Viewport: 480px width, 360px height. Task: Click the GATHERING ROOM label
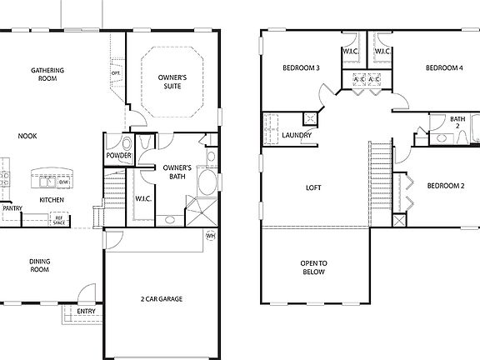[48, 74]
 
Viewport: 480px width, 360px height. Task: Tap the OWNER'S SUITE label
[172, 82]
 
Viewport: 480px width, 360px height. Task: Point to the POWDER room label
[117, 156]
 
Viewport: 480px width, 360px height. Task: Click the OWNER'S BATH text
[177, 172]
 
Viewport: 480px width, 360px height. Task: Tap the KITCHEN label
[52, 200]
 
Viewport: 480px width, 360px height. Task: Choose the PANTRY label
[12, 208]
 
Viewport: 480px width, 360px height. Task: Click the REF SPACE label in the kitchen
[59, 220]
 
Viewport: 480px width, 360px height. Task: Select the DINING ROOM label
[40, 266]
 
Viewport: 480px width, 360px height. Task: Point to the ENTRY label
[86, 312]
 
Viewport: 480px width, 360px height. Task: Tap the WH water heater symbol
[210, 236]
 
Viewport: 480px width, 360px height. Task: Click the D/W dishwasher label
[74, 182]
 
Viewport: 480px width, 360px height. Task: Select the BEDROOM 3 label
[302, 67]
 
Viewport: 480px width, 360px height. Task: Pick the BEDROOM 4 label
[444, 67]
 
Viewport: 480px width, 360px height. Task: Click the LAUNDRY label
[297, 135]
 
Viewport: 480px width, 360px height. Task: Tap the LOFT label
[313, 187]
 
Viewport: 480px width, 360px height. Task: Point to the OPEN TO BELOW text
[313, 267]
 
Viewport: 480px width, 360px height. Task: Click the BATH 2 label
[457, 122]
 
